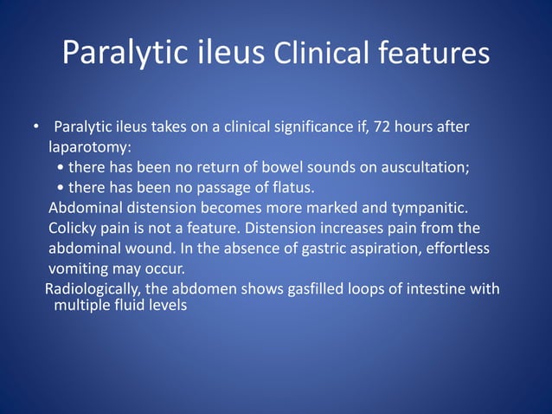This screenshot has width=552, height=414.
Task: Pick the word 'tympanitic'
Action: coord(420,208)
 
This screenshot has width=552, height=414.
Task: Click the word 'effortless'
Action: coord(458,249)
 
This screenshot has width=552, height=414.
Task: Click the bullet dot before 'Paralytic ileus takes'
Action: coord(36,128)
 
